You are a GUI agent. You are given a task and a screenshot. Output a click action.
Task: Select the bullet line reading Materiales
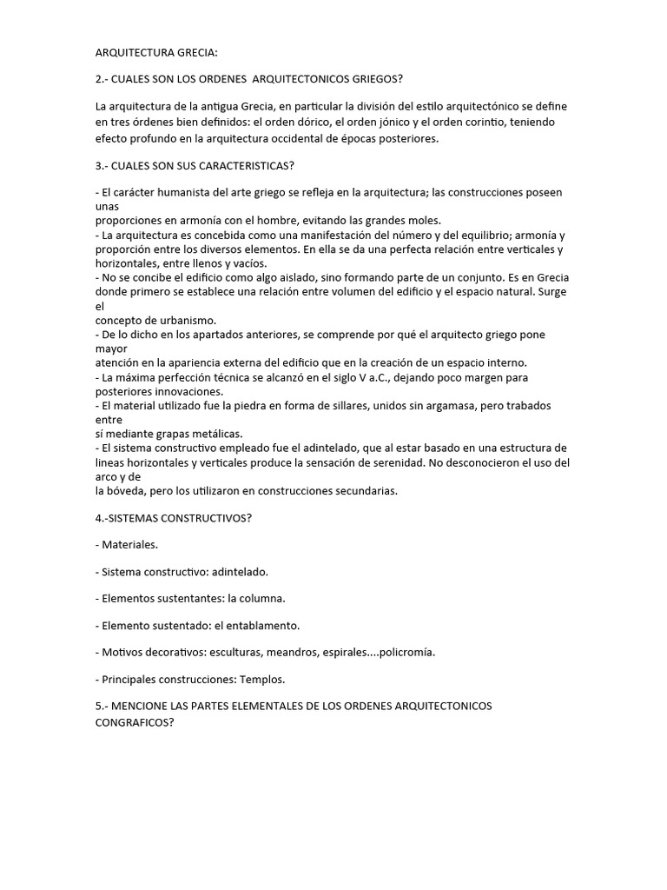(x=127, y=545)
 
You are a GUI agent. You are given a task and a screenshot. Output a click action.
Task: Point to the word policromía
(x=407, y=652)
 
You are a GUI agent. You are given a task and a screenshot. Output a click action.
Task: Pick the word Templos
(x=262, y=679)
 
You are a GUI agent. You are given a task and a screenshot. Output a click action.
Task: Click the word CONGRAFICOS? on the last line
(x=135, y=721)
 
